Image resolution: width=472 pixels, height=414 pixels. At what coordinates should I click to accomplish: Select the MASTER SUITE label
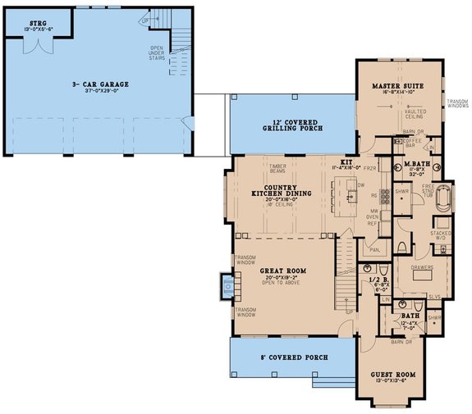[x=396, y=84]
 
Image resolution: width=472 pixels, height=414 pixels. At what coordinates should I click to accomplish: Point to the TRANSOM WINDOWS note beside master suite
[x=457, y=103]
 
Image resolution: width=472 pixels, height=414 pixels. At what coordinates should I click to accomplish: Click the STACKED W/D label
[x=441, y=234]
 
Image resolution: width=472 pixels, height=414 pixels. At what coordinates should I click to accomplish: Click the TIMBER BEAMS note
[x=277, y=168]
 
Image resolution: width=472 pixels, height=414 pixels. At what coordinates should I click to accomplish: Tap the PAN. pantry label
[x=374, y=249]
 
